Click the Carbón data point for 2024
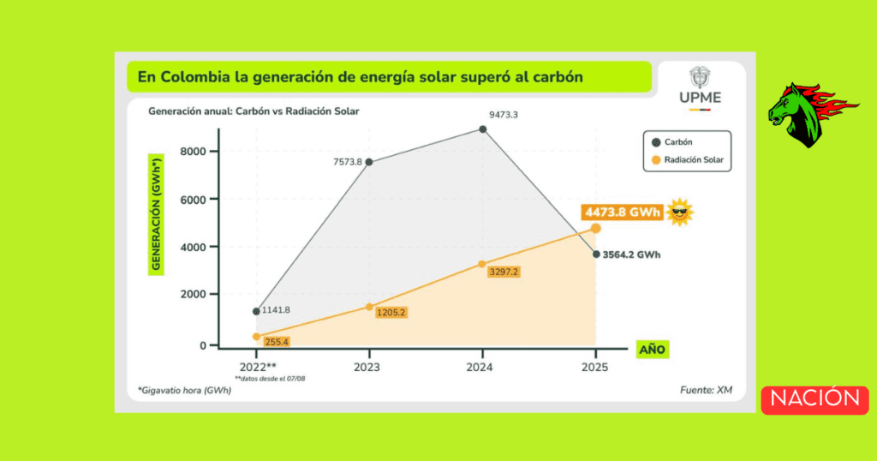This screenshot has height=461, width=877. (x=483, y=129)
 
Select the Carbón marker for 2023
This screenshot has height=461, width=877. (x=369, y=162)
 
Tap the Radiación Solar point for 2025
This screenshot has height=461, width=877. (x=595, y=228)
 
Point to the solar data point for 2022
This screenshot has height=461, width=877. (x=256, y=337)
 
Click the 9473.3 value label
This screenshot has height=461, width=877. (x=504, y=113)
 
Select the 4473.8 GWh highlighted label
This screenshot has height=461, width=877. (x=623, y=213)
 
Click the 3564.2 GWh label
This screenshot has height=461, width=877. (x=635, y=254)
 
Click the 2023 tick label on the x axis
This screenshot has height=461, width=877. (x=369, y=367)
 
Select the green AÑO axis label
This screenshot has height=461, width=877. (x=653, y=349)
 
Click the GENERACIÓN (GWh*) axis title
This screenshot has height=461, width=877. (x=156, y=213)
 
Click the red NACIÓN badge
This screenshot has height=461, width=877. (x=814, y=399)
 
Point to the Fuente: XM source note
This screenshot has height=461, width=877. (x=707, y=391)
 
